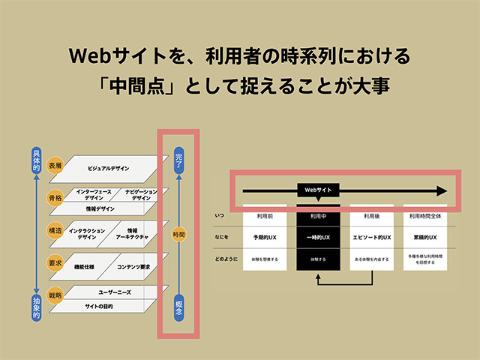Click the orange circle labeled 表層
[x=55, y=164]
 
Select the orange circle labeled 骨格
[x=55, y=198]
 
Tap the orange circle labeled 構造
[x=55, y=231]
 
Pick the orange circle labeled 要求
[x=55, y=263]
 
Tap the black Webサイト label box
[x=318, y=190]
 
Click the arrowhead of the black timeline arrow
[x=441, y=190]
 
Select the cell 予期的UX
[x=266, y=236]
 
